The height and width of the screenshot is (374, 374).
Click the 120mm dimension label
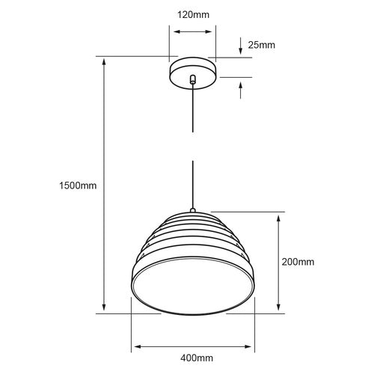(x=193, y=15)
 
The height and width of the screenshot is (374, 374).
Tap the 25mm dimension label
(x=262, y=45)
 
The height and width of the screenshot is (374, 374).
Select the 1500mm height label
(x=78, y=186)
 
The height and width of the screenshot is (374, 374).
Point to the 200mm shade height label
(x=298, y=262)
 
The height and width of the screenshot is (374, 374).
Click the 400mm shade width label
(x=197, y=358)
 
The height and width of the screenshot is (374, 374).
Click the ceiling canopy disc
(x=193, y=73)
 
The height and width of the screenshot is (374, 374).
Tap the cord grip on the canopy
(x=193, y=79)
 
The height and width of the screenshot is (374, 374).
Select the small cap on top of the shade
(x=192, y=210)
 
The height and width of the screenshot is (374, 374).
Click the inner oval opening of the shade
(x=193, y=286)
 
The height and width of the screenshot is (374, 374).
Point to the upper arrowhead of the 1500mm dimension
(x=104, y=61)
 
